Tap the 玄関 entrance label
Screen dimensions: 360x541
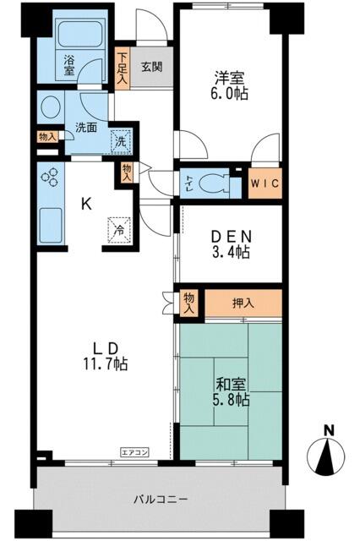point(152,67)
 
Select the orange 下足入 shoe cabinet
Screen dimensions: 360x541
point(122,68)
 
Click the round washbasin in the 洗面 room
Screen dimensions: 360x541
point(51,107)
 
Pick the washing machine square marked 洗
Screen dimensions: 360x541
point(121,141)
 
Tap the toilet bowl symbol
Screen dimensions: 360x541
point(214,183)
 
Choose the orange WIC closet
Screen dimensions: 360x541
point(265,183)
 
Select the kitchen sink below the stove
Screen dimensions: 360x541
point(51,226)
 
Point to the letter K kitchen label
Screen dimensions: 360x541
point(86,205)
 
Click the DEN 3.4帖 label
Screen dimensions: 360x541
point(231,244)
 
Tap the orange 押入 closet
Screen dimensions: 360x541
point(243,303)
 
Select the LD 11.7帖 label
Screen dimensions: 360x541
point(106,357)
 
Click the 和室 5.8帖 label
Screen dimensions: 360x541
point(231,392)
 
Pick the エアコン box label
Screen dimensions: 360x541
point(134,452)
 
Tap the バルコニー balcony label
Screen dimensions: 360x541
point(161,500)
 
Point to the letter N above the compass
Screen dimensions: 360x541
point(330,431)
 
